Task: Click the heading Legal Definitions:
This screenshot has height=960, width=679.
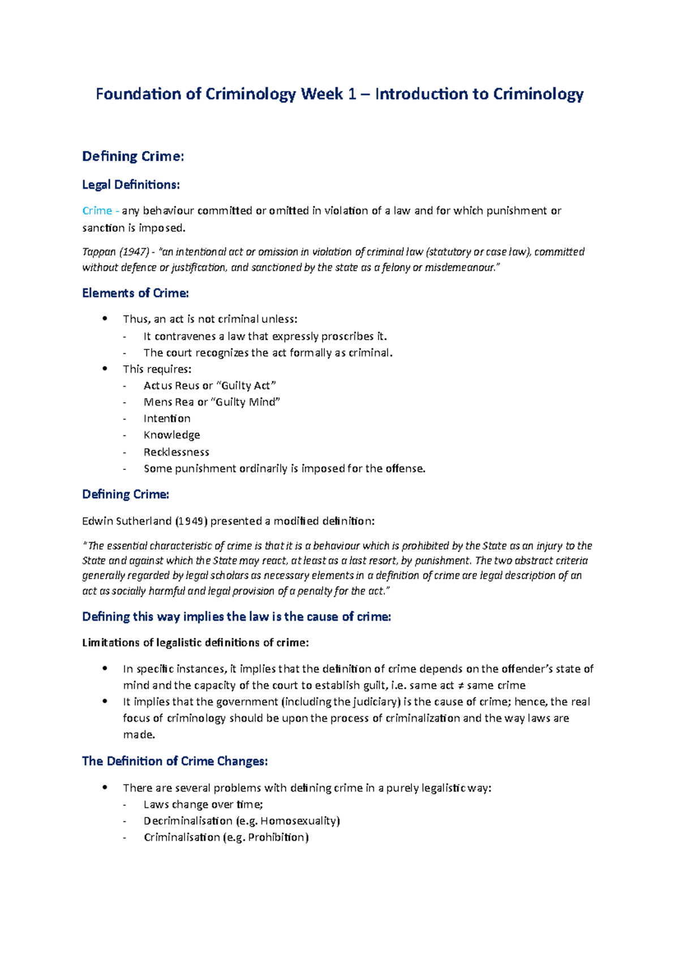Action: point(131,185)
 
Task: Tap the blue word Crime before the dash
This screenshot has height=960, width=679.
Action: point(97,211)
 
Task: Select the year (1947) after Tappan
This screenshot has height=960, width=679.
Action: point(134,252)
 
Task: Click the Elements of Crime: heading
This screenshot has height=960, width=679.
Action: point(135,293)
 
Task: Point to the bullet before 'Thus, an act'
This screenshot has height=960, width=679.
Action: point(105,319)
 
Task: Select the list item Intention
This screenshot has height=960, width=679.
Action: point(167,418)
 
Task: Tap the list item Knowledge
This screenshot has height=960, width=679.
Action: point(171,435)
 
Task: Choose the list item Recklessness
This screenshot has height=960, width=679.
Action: point(176,452)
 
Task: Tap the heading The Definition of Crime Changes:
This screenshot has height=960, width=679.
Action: point(175,761)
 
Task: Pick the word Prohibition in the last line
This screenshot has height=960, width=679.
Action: point(277,837)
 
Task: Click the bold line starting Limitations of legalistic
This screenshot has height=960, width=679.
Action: point(195,642)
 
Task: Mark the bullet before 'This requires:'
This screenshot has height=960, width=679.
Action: point(105,369)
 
